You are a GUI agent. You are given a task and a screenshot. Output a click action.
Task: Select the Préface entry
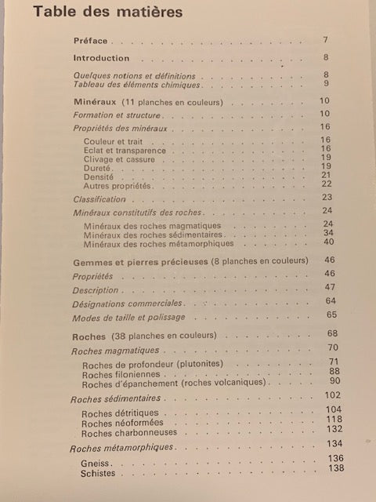pos(91,41)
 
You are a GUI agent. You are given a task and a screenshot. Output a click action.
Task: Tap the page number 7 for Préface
pos(325,39)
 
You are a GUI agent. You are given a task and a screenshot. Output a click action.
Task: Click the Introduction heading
pos(101,58)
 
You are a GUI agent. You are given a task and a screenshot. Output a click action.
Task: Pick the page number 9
pos(325,84)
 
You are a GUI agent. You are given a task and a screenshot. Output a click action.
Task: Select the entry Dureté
pos(97,168)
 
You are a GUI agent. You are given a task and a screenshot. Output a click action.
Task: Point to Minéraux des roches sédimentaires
pos(152,235)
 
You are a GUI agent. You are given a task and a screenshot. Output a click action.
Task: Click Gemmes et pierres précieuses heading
pos(135,261)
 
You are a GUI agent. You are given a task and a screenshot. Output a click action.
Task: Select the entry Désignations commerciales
pos(128,303)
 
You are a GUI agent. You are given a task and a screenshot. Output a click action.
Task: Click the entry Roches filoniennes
pos(116,375)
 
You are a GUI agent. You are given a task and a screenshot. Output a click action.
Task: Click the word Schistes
pos(99,474)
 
